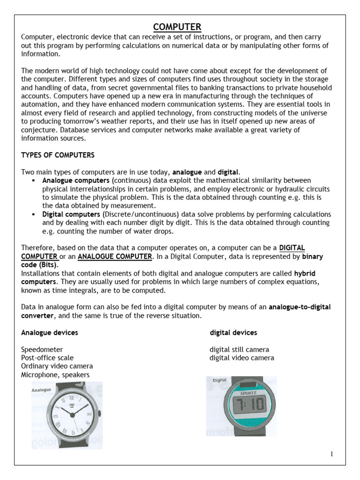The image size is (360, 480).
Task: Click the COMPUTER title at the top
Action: [178, 27]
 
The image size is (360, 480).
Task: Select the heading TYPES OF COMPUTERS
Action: [58, 155]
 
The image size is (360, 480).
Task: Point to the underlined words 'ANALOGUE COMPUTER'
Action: [115, 256]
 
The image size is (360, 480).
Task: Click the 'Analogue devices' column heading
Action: [50, 333]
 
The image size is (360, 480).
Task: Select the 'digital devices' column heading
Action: [233, 333]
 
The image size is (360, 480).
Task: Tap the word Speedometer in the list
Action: [42, 350]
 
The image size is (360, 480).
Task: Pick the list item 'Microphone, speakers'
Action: [55, 375]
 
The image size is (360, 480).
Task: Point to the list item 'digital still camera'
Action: [239, 350]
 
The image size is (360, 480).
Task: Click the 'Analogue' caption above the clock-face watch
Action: [41, 390]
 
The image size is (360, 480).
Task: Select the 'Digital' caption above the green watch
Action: [220, 380]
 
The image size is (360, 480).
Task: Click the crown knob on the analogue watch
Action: [99, 413]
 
